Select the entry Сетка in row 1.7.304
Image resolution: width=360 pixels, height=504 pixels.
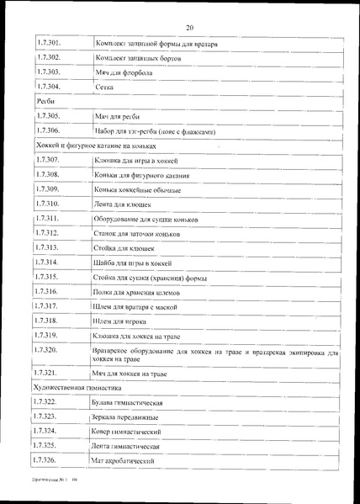[106, 87]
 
